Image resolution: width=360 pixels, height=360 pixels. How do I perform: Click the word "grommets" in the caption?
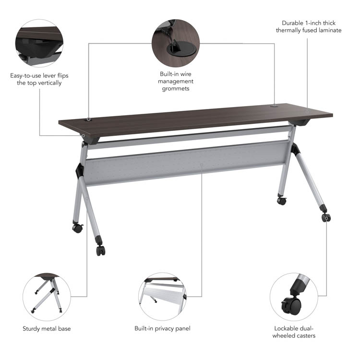[176, 89]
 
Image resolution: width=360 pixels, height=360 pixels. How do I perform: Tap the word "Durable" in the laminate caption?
[292, 23]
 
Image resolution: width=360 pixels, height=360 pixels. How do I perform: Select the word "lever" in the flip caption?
[49, 75]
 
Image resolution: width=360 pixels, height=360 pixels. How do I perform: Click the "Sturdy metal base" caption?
[47, 328]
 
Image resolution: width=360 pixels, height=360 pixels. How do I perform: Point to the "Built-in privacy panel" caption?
[162, 328]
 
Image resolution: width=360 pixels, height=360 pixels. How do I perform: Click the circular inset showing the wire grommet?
[176, 43]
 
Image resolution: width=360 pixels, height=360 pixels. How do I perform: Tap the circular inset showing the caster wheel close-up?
[294, 297]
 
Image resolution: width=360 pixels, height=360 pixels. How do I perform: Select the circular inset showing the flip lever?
[39, 43]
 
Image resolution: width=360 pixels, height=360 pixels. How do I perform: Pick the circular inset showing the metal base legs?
[47, 297]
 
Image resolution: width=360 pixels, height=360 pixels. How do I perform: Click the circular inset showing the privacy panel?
[162, 297]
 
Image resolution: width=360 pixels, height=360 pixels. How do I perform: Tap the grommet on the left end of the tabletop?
[88, 120]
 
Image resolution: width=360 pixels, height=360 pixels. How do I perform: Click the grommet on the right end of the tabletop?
[274, 106]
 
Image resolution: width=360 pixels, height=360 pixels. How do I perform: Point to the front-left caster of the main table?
[101, 250]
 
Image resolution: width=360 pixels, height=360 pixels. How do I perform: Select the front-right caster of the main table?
[326, 217]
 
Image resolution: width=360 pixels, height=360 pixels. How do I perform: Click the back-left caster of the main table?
[78, 228]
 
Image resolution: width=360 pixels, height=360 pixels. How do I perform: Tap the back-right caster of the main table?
[282, 201]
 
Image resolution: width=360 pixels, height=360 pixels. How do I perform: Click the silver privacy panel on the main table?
[186, 163]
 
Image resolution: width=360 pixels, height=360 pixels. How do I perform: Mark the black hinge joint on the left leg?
[80, 171]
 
